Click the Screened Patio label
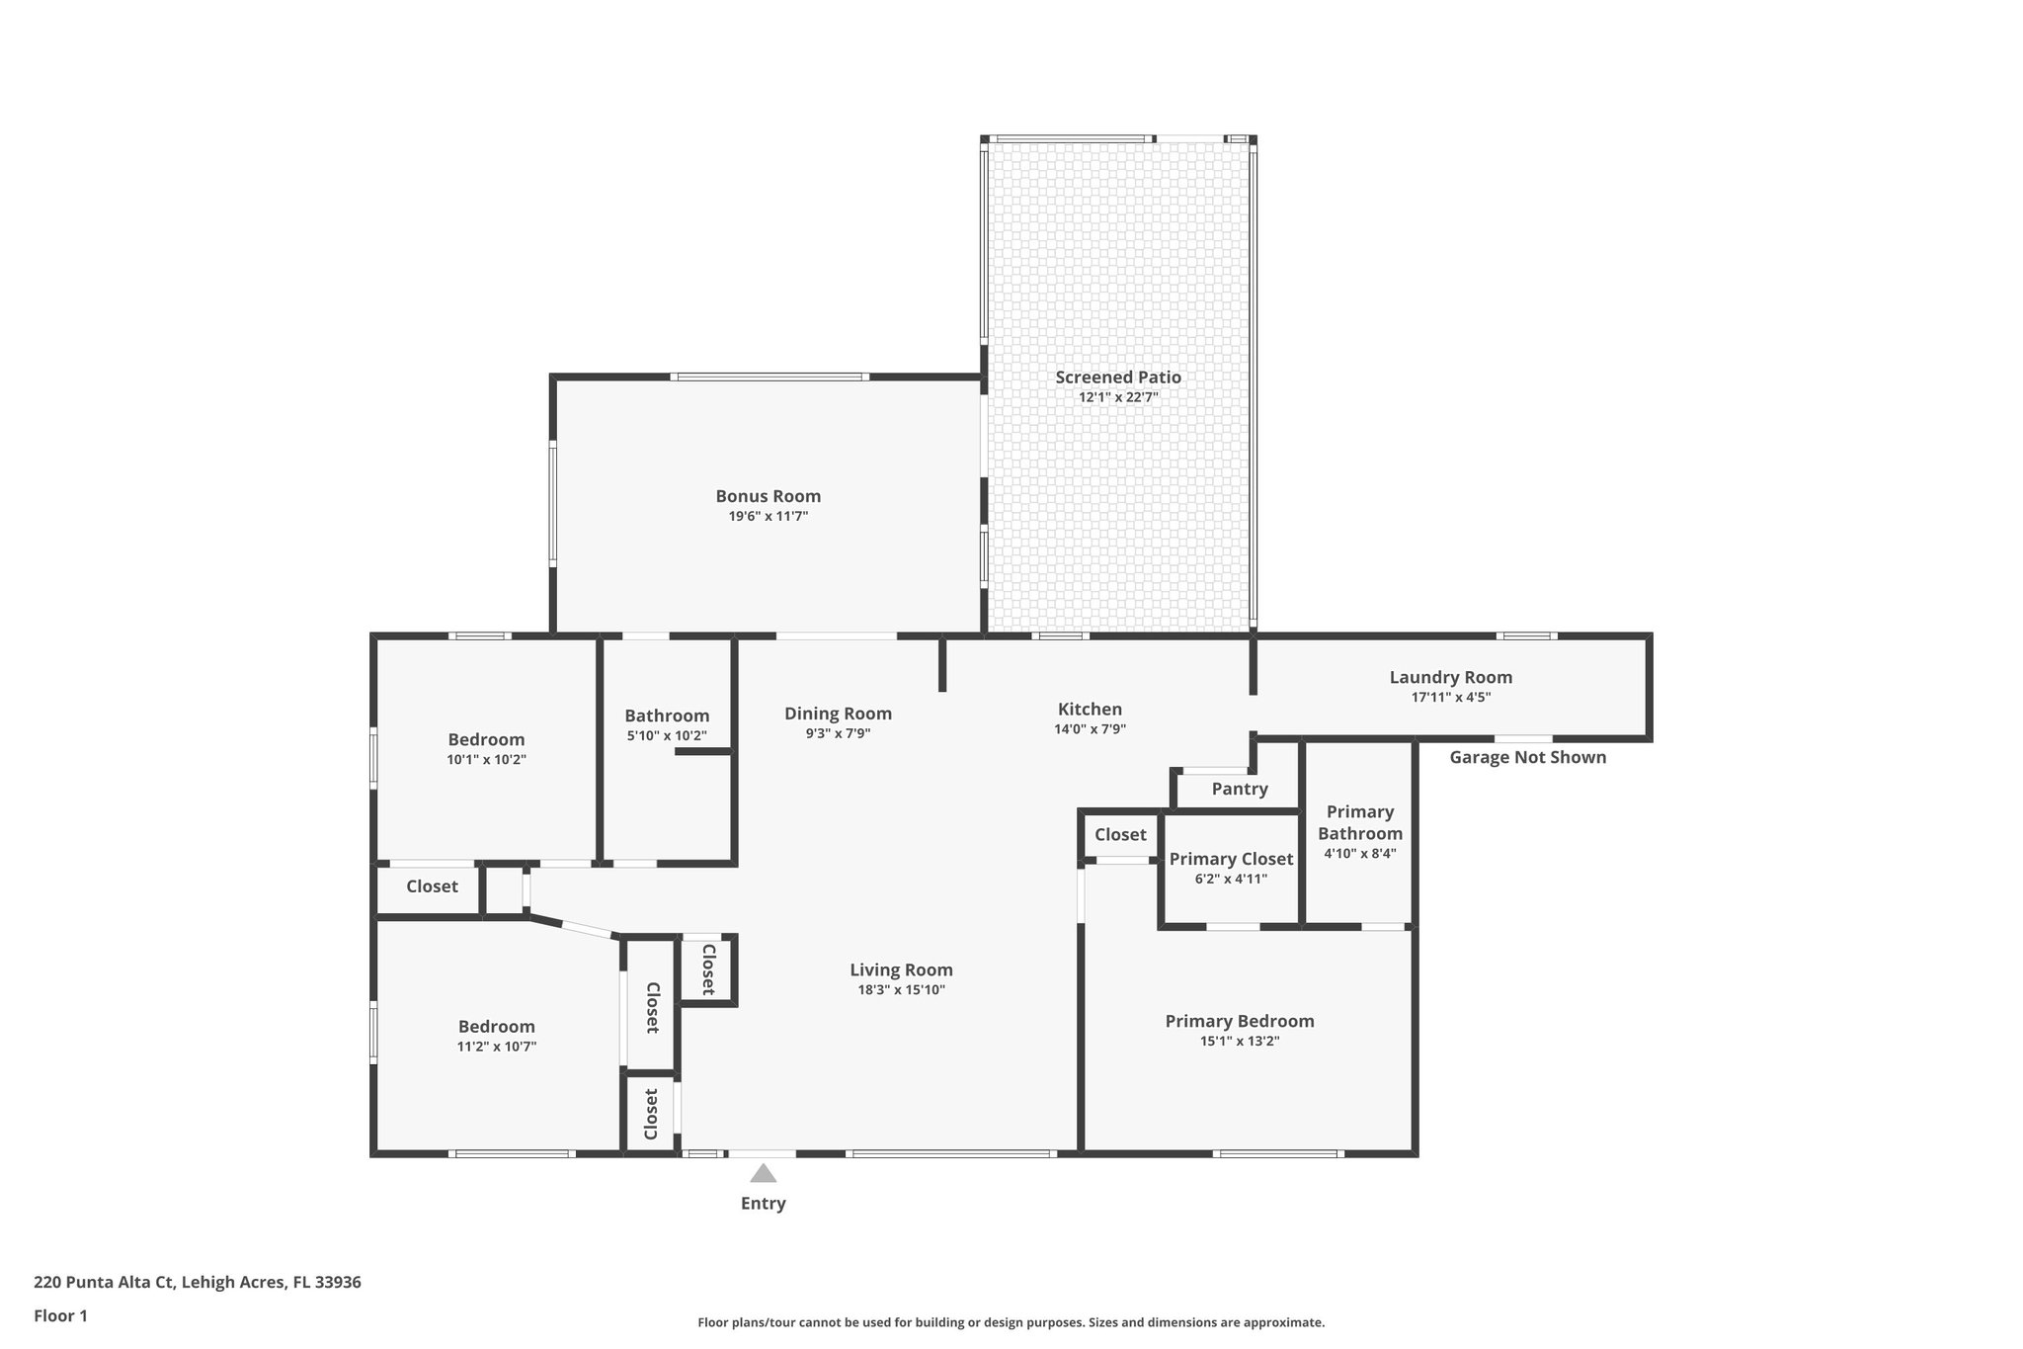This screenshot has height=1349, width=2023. [1117, 377]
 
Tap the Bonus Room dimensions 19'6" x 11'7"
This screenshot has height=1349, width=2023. [768, 516]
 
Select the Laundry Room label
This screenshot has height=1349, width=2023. [1450, 677]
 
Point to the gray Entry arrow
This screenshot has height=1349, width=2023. [763, 1173]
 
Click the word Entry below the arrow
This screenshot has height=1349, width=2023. [763, 1204]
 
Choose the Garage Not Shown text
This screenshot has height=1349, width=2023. [1527, 757]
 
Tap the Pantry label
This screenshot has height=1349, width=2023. [1239, 789]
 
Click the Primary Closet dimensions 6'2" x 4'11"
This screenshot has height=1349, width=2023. [1231, 879]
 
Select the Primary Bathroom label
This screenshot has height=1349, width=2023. [1359, 822]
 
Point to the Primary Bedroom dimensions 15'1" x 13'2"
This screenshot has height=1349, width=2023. [1239, 1041]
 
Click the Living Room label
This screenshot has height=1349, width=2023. [901, 970]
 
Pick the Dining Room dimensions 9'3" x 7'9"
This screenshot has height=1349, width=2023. [838, 733]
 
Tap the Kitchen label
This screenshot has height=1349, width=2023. [1090, 709]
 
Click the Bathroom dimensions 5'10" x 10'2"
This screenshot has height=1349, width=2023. [667, 735]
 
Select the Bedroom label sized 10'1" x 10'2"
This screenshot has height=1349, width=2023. [486, 739]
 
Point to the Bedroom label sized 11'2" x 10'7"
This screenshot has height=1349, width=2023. [496, 1027]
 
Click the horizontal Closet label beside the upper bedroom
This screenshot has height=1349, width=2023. [432, 886]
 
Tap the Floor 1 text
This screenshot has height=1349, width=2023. [60, 1315]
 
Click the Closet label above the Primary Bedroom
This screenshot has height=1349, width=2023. [1120, 835]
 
